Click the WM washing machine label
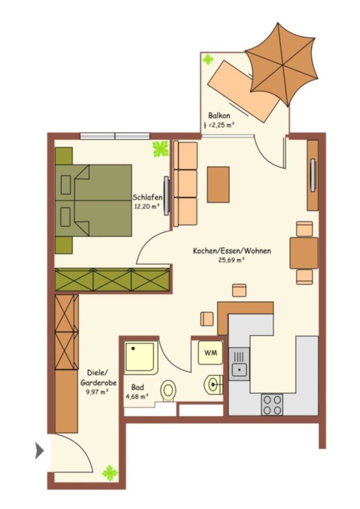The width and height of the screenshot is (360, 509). (211, 353)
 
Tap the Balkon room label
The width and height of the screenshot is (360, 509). (220, 115)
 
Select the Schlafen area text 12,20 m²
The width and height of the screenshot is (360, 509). (147, 206)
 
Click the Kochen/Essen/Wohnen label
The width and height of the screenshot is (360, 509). (232, 251)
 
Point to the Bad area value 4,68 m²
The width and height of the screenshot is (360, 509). (137, 396)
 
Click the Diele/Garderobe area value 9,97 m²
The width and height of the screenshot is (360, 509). (97, 391)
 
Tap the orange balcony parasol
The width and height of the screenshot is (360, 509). (282, 64)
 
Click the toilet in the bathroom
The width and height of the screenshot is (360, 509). (168, 391)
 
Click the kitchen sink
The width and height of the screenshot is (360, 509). (239, 364)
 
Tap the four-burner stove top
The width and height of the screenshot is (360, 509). (272, 405)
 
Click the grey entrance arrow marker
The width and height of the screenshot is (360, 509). (39, 451)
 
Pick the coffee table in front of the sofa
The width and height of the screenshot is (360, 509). (218, 185)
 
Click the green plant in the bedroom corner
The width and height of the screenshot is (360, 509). (161, 149)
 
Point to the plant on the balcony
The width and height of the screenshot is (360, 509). (208, 60)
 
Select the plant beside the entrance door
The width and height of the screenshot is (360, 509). (110, 473)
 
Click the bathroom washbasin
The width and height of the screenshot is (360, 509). (213, 385)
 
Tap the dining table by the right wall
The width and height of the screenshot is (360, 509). (304, 253)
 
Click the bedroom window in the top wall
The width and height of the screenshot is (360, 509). (115, 136)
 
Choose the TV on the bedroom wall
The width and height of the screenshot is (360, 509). (167, 196)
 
